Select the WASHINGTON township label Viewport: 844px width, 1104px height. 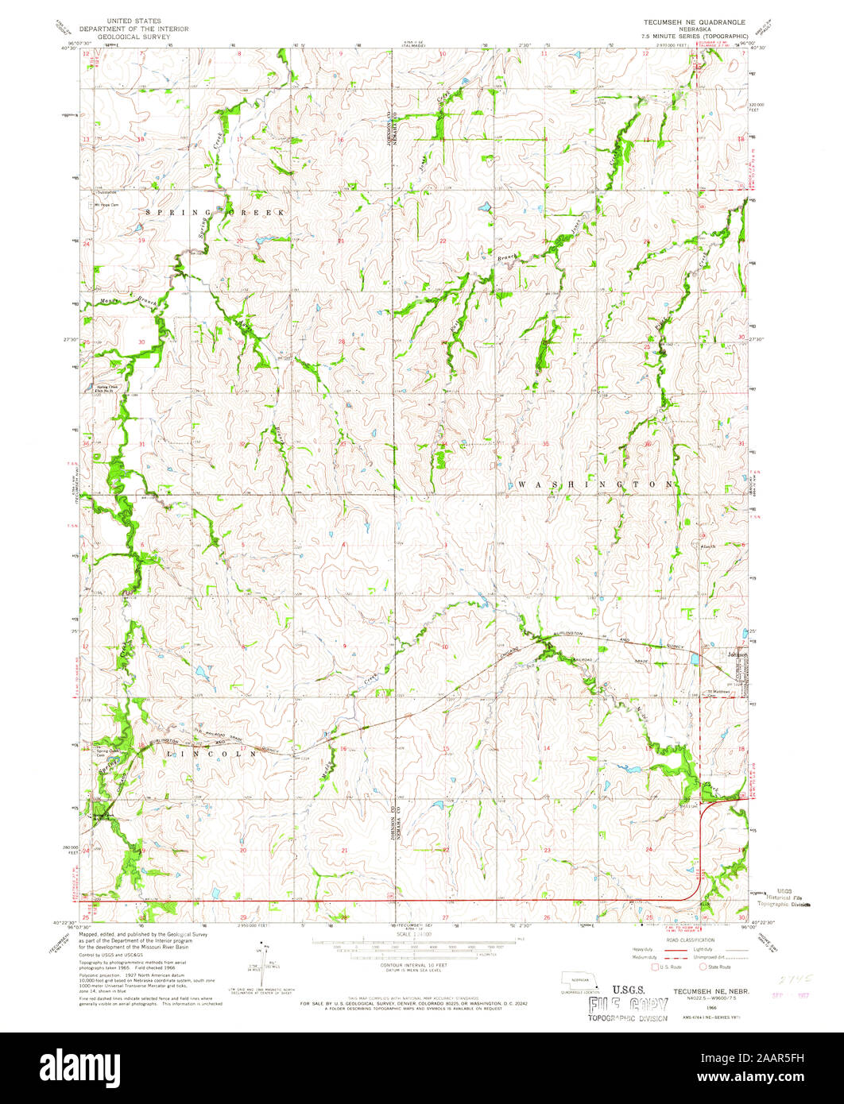point(596,483)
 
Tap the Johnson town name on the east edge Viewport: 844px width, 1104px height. point(738,654)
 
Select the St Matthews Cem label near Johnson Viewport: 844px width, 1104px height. point(719,691)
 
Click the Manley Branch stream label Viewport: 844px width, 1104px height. point(131,303)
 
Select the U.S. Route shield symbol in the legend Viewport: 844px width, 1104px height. point(656,967)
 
